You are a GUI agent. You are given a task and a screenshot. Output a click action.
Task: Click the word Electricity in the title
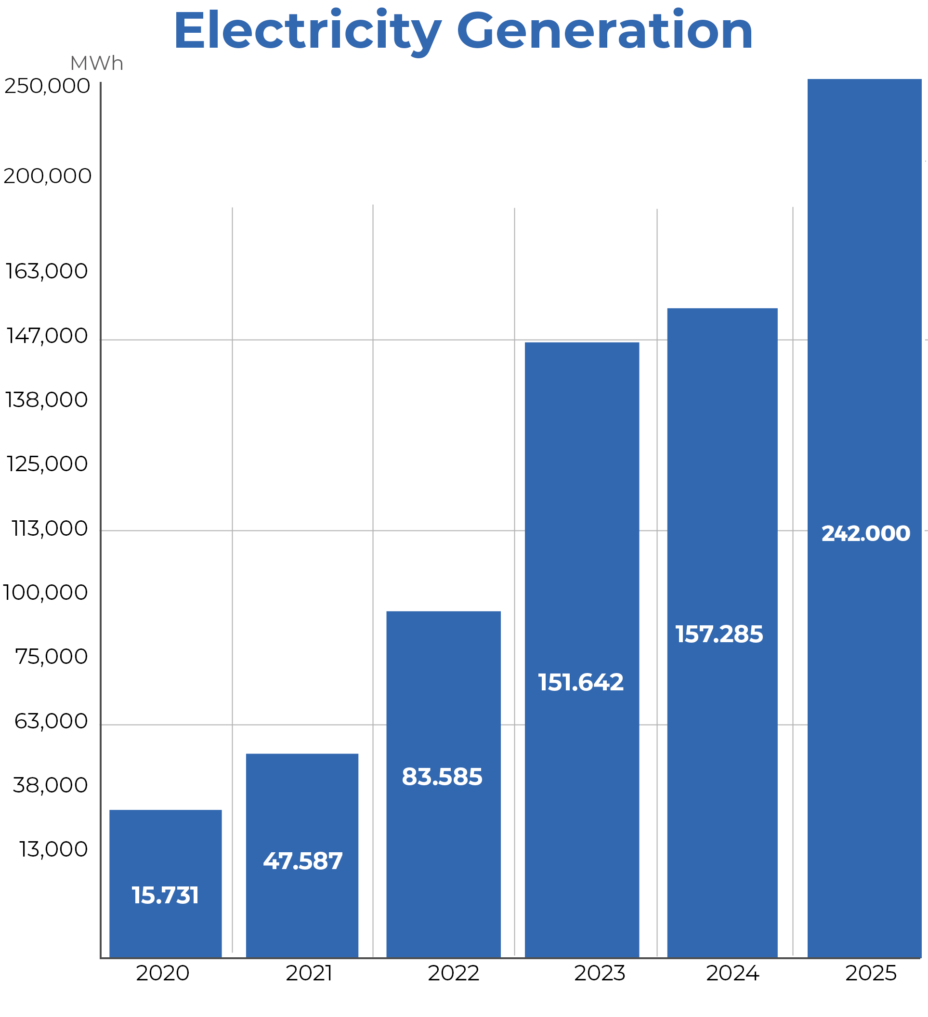[x=307, y=31]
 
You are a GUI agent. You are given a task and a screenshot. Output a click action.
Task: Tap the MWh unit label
[x=96, y=64]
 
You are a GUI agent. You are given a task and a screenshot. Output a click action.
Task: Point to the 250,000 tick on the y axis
[x=47, y=86]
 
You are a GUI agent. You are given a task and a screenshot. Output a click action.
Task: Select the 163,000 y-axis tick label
[x=46, y=271]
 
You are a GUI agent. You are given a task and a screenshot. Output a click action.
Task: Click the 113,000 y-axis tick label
[x=50, y=528]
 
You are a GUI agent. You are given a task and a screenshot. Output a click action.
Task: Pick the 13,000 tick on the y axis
[x=53, y=849]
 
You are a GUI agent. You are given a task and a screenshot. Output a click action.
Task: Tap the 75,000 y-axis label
[x=52, y=657]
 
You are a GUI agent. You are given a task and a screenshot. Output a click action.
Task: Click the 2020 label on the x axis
[x=162, y=973]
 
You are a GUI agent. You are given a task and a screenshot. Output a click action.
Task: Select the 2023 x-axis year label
[x=599, y=973]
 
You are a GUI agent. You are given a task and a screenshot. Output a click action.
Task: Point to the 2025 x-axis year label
[x=871, y=973]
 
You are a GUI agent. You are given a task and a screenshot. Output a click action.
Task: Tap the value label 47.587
[x=302, y=861]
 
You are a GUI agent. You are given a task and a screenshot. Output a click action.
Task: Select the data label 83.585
[x=442, y=777]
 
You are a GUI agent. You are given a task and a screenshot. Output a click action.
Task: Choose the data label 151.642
[x=580, y=683]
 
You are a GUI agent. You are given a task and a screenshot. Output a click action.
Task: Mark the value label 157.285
[x=719, y=634]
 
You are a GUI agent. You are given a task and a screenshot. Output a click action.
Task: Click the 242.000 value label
[x=865, y=534]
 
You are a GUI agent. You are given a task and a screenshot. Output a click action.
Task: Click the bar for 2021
[x=302, y=807]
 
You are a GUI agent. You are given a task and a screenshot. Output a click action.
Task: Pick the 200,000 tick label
[x=47, y=176]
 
